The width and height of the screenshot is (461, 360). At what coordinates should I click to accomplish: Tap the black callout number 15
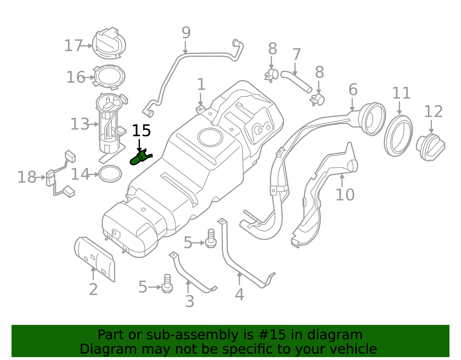(141, 131)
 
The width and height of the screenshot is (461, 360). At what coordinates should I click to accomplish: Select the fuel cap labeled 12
(430, 147)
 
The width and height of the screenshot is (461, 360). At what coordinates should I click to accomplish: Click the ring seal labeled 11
(398, 136)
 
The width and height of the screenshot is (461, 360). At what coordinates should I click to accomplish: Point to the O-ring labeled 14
(110, 174)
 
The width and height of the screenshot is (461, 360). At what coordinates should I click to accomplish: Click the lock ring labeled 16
(109, 77)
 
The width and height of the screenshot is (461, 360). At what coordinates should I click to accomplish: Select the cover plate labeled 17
(109, 44)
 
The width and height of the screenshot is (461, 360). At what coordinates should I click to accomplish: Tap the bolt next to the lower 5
(167, 284)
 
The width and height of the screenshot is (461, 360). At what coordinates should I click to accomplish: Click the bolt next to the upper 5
(211, 239)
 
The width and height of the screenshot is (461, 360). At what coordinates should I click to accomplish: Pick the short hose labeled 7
(296, 82)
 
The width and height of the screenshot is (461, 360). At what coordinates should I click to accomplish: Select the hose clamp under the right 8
(318, 100)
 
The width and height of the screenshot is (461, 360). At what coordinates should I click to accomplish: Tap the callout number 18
(27, 177)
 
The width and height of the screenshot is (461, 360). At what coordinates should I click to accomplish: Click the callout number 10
(345, 195)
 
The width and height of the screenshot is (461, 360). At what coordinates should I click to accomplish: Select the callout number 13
(80, 125)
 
